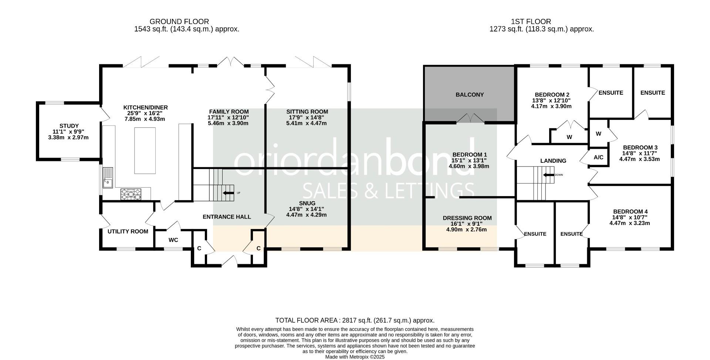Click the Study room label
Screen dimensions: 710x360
(x=69, y=126)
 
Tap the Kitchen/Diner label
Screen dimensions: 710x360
(x=145, y=108)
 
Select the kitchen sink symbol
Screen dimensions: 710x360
(x=108, y=178)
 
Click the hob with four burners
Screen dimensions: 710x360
(x=131, y=194)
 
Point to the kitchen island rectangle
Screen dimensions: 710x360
(x=145, y=150)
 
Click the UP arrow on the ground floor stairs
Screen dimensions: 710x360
(x=229, y=193)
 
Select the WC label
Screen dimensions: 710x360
(x=173, y=240)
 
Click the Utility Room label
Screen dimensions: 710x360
(x=128, y=232)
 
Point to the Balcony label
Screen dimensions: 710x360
(x=470, y=95)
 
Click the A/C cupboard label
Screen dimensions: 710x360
(x=598, y=158)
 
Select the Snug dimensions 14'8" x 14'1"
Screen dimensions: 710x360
(x=307, y=209)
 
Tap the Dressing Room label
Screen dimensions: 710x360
(x=467, y=218)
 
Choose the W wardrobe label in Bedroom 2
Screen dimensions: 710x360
(x=569, y=137)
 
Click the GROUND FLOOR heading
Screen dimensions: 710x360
(x=179, y=22)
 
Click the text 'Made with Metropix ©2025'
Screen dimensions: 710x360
(x=355, y=357)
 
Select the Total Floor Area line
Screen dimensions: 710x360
(x=355, y=320)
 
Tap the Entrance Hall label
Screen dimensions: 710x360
(x=227, y=217)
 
